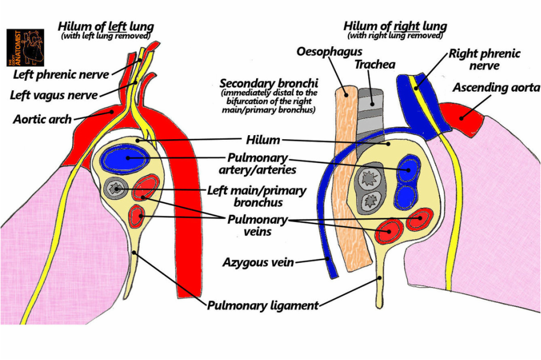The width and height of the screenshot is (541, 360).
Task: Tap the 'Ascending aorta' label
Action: tap(496, 88)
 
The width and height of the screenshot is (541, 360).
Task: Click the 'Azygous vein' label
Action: tap(258, 263)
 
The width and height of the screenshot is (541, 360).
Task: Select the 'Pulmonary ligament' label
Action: tap(263, 305)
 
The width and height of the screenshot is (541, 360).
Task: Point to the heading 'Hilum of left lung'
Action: tap(105, 26)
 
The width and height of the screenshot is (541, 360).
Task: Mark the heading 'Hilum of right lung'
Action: tap(394, 26)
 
